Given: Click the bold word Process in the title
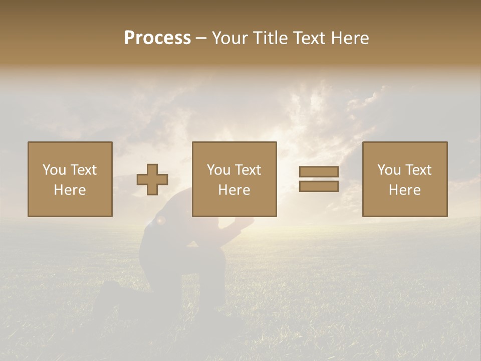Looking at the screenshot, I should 157,38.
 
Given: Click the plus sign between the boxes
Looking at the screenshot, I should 152,179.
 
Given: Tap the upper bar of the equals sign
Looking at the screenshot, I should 319,172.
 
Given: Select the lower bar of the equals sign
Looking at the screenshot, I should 319,186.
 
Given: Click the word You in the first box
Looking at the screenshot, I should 54,170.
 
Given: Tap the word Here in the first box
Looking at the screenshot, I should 70,190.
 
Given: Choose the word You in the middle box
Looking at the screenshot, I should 218,170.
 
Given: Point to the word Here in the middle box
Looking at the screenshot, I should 234,190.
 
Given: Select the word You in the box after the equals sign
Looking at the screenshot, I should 389,170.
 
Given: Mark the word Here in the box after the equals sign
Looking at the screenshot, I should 404,190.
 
